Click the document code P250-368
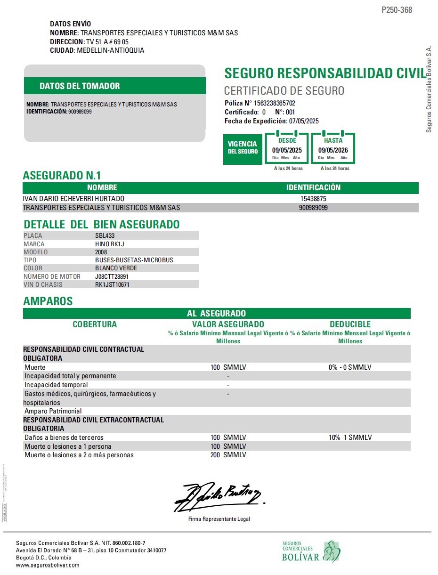[397, 10]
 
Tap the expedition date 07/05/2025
[304, 121]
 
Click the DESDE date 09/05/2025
[287, 150]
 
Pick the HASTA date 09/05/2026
[333, 150]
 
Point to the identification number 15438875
[313, 199]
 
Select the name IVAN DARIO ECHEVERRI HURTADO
[73, 199]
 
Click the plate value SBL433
[105, 235]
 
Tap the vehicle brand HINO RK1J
[109, 244]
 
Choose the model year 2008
[101, 252]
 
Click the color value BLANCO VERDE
[116, 268]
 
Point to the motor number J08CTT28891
[112, 276]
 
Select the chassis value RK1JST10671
[112, 284]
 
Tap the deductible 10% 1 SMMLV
[350, 437]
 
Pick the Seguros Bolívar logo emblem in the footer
[332, 551]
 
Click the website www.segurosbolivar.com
[48, 565]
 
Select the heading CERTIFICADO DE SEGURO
[284, 91]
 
